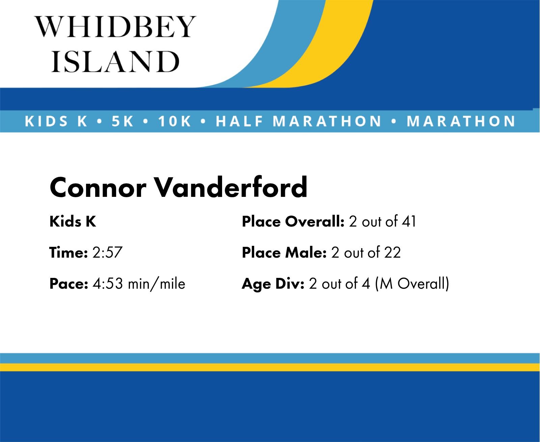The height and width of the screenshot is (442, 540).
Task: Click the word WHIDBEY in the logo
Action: [115, 26]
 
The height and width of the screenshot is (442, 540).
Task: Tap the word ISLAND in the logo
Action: [115, 61]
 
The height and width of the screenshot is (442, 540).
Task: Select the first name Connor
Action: [98, 187]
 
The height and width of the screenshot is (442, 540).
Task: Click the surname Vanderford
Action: [231, 187]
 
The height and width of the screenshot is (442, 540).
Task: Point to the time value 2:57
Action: [108, 252]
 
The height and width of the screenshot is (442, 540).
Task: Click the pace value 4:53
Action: [108, 284]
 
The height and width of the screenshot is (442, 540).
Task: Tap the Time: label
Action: [69, 252]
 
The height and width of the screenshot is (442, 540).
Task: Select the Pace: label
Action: [69, 284]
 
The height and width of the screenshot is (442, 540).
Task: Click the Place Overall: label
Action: [293, 222]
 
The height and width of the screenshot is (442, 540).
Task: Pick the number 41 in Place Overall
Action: [409, 222]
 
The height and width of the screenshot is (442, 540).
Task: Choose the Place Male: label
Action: [284, 252]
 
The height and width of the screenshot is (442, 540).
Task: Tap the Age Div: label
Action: [273, 284]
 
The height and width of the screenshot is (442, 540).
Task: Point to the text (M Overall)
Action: [412, 284]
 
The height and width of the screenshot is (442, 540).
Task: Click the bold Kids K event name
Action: [73, 222]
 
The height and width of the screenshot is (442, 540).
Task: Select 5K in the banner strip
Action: [123, 121]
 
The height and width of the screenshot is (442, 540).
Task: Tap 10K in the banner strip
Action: [174, 121]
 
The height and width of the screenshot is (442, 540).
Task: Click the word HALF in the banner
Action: [239, 121]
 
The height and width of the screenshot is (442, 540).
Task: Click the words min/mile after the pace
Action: [157, 284]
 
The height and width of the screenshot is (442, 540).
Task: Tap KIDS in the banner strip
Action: [47, 121]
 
